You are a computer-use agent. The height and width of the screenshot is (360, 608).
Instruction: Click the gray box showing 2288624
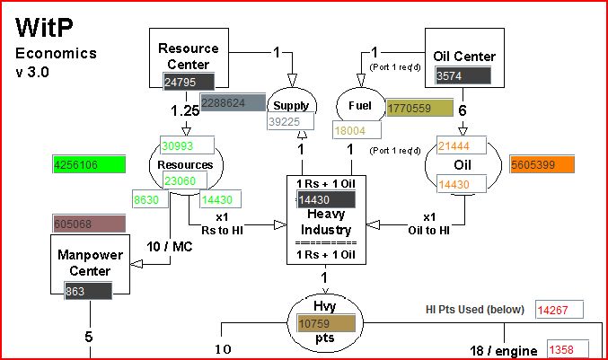tap(233, 103)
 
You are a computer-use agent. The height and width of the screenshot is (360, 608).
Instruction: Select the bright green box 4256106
tap(88, 164)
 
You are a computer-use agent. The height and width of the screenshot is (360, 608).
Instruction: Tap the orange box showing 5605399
tap(541, 165)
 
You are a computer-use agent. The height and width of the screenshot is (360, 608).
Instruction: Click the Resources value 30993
tap(188, 145)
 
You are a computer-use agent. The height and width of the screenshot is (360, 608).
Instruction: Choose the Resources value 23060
tap(188, 180)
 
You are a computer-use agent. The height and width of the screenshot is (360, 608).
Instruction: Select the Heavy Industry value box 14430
tap(320, 200)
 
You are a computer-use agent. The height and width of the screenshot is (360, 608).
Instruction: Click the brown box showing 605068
tap(88, 224)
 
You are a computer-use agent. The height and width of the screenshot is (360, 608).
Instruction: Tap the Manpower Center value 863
tap(87, 291)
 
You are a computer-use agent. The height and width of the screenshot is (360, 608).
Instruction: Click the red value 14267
tap(559, 311)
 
